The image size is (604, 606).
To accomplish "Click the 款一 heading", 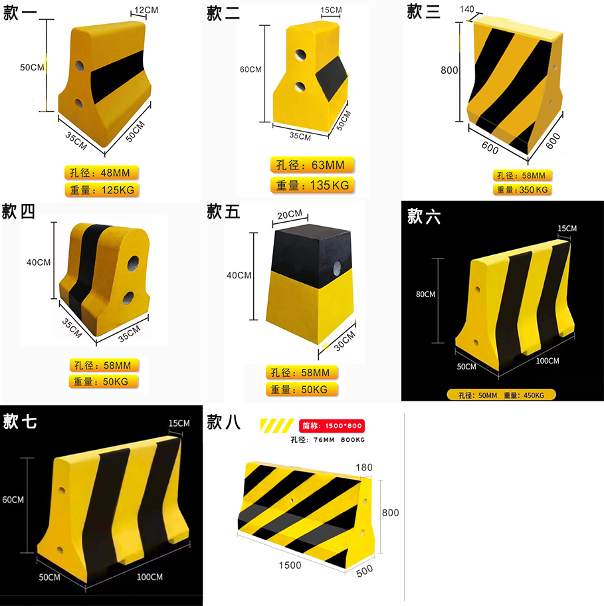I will tap(21, 13).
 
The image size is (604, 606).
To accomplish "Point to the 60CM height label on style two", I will tap(251, 69).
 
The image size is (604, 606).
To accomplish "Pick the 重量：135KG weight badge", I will tap(312, 185).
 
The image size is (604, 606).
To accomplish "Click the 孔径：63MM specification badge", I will tap(312, 165).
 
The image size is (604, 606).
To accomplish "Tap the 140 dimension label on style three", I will tap(466, 9).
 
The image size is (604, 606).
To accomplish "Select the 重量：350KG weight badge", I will tap(522, 190).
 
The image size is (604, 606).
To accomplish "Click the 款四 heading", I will tap(19, 213).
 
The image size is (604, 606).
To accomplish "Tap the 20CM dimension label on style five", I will tap(289, 214).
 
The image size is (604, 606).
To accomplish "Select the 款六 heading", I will tap(425, 216).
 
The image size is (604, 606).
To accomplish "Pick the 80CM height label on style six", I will tap(425, 294).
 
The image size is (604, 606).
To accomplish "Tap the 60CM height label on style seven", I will tap(13, 499).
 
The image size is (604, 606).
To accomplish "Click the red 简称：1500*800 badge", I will tap(333, 426).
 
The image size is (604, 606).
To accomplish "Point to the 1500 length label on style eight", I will tap(290, 565).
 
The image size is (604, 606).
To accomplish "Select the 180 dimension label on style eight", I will tap(365, 468).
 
